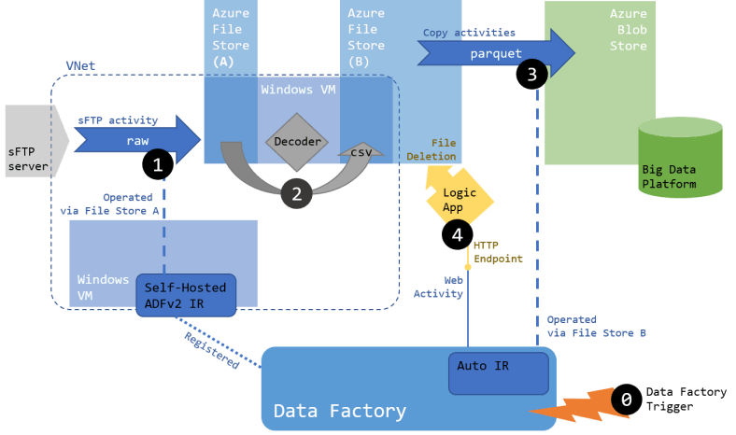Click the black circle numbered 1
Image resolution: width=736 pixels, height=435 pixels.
pos(157,165)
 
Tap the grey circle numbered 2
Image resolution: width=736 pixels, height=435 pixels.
pos(296,193)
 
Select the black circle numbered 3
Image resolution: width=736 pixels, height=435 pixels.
pos(531,76)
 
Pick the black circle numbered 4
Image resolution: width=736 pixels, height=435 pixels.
pos(457,234)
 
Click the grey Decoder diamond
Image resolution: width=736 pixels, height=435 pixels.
pos(296,142)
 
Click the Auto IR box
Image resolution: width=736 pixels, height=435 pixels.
pos(498,371)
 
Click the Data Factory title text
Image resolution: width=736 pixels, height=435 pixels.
pos(339,411)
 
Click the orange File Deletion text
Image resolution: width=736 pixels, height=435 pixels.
pos(432,150)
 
